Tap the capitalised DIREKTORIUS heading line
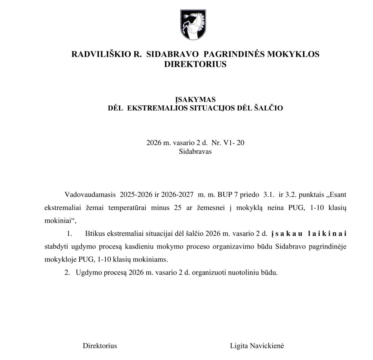(195, 64)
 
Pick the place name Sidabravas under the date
(195, 152)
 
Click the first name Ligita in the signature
(239, 346)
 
